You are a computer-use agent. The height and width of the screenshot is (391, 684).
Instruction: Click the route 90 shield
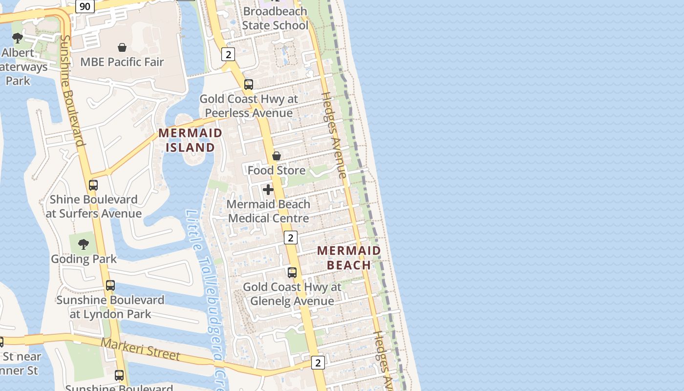click(x=85, y=6)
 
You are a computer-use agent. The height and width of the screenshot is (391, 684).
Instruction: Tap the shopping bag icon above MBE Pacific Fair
click(x=122, y=47)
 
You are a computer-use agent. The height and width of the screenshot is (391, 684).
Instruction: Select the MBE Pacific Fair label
click(x=122, y=62)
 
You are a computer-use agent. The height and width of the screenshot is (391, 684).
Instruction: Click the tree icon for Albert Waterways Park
click(x=18, y=38)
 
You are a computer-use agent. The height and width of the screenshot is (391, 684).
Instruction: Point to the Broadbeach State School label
click(x=275, y=18)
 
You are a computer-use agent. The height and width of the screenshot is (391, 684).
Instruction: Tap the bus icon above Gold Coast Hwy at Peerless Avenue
click(x=249, y=85)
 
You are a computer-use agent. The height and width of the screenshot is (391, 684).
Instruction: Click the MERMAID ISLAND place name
click(x=191, y=140)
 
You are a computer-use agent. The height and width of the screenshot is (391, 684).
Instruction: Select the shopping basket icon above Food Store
click(x=277, y=156)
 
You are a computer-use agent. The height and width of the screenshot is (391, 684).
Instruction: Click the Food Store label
click(x=277, y=171)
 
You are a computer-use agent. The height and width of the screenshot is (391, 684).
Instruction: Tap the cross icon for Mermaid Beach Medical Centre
click(x=268, y=190)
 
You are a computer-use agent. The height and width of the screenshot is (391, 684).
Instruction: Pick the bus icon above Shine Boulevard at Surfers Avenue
click(x=93, y=185)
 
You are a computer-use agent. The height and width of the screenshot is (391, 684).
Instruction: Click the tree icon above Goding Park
click(x=84, y=244)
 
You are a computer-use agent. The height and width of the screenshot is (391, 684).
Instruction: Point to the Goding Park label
click(x=84, y=259)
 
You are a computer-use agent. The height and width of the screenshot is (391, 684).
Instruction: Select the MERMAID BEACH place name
click(x=349, y=258)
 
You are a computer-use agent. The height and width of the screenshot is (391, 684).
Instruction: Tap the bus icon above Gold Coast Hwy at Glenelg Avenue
click(x=292, y=273)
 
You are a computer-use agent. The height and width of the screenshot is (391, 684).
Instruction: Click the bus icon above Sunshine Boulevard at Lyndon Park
click(x=110, y=285)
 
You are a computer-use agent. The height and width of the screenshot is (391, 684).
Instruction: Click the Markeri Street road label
click(x=140, y=349)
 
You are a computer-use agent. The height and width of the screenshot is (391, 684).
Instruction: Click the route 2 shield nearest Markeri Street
click(x=318, y=363)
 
